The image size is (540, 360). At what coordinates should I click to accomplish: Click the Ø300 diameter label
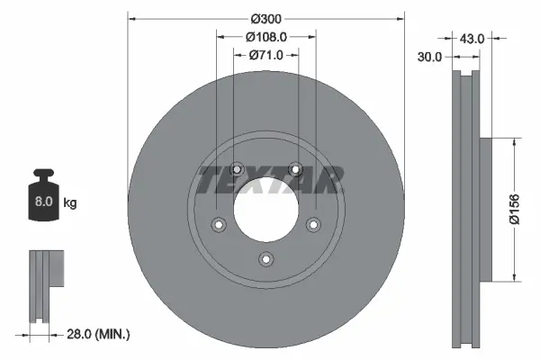pos(265,18)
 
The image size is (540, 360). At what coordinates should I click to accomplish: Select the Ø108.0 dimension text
pos(265,37)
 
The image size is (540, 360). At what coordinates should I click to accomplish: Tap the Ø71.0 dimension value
pos(265,55)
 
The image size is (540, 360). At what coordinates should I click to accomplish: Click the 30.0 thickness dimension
pos(430,57)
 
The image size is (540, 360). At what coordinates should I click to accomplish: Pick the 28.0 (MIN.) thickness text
pos(99,334)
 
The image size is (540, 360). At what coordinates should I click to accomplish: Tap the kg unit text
pos(70,203)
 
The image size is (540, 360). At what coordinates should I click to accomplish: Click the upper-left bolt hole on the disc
pos(237,168)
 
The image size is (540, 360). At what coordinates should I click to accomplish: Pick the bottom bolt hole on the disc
pos(265,259)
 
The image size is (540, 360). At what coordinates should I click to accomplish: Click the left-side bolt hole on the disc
pos(218,224)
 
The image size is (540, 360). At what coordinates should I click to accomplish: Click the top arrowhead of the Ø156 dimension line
pos(513,143)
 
